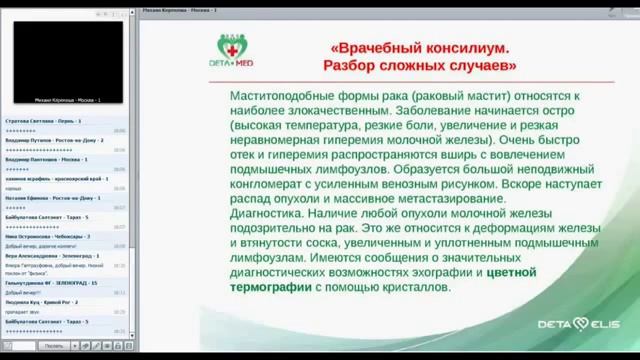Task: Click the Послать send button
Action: (x=53, y=345)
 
